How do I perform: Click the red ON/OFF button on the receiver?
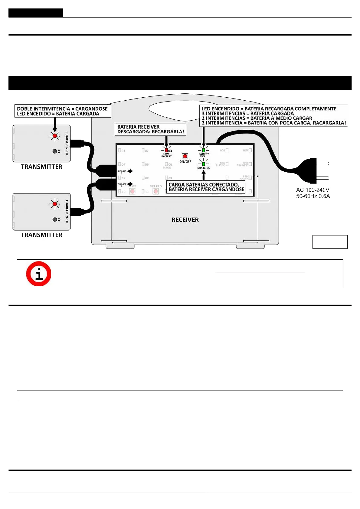tap(185, 156)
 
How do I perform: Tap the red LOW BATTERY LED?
tap(166, 150)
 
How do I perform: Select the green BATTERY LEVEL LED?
tap(204, 150)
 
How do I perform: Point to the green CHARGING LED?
tap(204, 164)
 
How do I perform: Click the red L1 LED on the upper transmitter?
tap(55, 136)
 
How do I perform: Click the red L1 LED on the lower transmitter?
tap(55, 204)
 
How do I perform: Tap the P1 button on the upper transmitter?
tap(55, 151)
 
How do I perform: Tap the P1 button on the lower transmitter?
tap(55, 219)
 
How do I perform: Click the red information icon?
tap(38, 274)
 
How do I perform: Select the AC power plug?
tap(313, 171)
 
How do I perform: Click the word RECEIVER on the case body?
tap(185, 220)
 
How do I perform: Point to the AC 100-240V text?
tap(313, 190)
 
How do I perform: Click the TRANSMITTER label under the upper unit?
tap(41, 167)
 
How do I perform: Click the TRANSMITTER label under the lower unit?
tap(41, 235)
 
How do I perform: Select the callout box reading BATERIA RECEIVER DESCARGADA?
tap(150, 129)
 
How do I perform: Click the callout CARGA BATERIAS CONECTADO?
tap(206, 187)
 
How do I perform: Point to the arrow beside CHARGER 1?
tap(130, 171)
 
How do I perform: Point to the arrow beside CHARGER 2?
tap(130, 184)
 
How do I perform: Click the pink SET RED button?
tap(156, 191)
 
